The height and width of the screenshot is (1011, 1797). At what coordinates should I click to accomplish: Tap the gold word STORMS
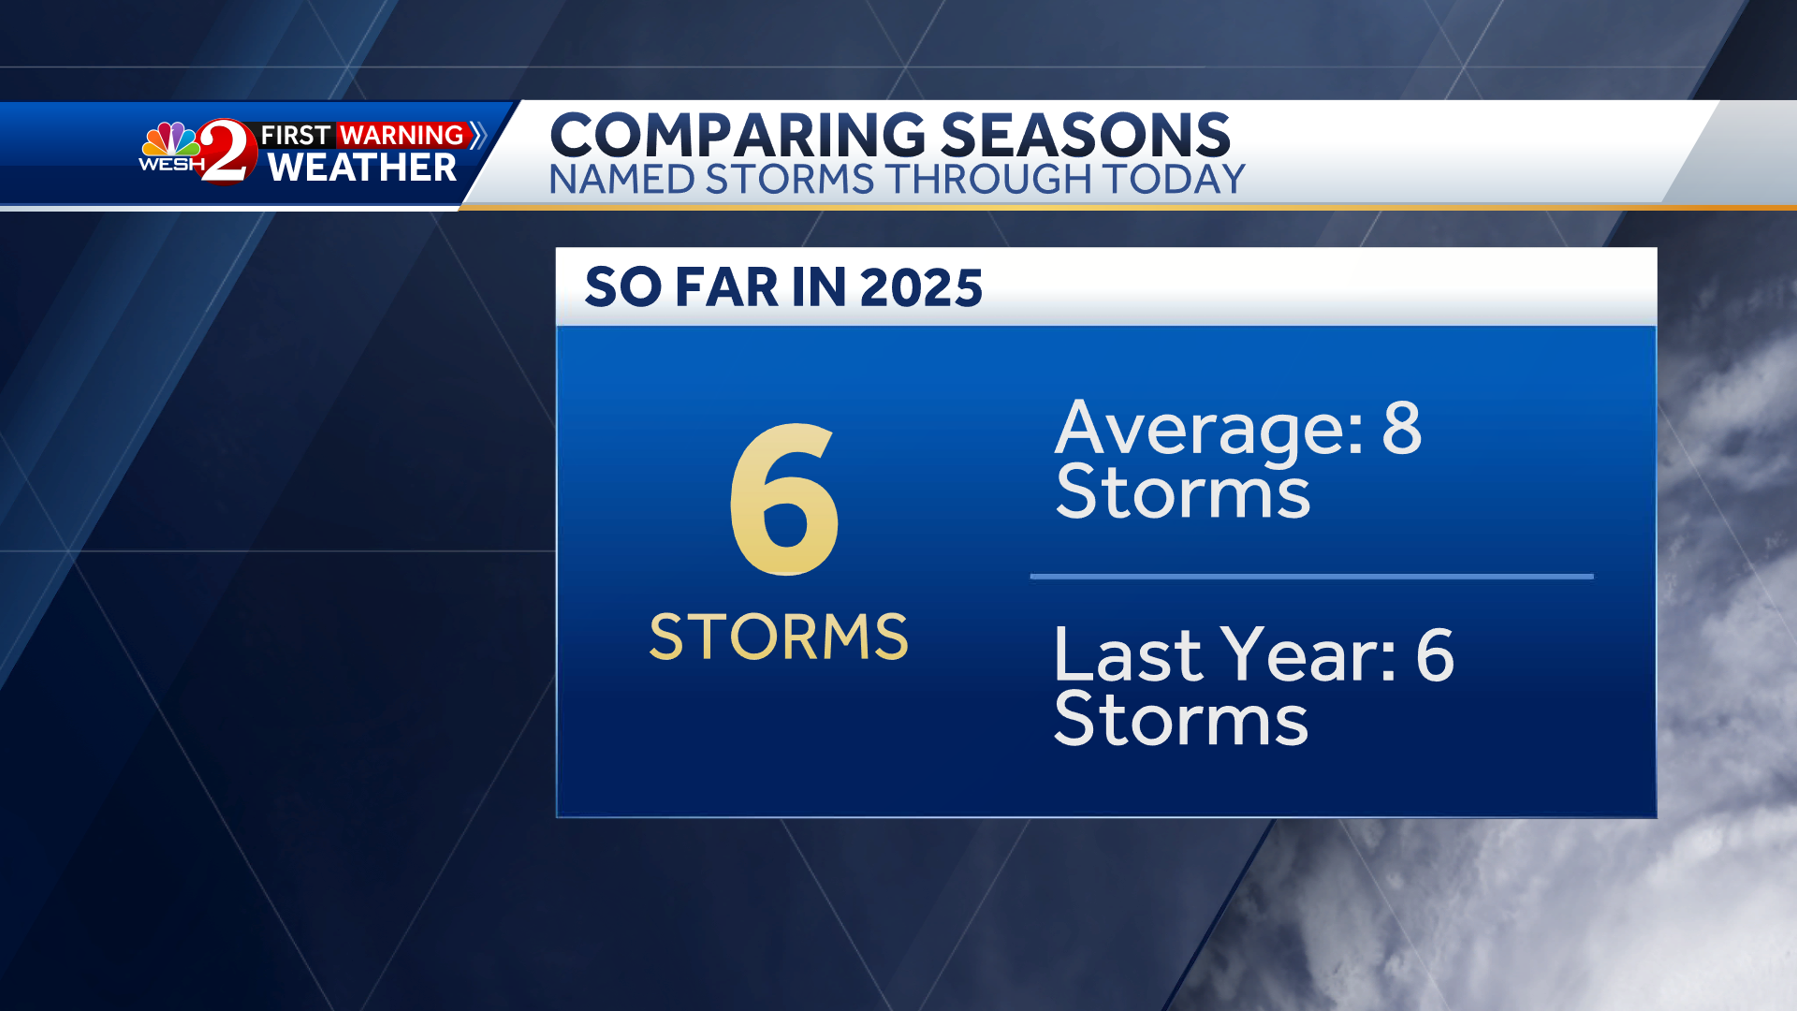coord(779,637)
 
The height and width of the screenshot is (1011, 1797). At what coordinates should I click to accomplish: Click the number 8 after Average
coord(1402,428)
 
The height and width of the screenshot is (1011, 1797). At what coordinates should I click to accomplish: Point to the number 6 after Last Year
coord(1435,654)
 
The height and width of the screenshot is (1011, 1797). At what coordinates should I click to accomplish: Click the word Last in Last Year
coord(1127,654)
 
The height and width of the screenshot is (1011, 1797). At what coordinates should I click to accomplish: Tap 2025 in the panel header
coord(921,287)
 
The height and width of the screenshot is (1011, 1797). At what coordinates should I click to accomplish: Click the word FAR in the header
coord(727,287)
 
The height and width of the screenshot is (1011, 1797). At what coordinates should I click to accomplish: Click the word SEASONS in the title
coord(1086,136)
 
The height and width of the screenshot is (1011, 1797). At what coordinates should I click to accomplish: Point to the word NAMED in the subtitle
coord(621,180)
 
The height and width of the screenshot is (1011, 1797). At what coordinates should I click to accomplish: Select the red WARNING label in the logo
coord(402,135)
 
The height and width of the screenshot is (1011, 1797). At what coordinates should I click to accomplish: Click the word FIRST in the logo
coord(295,136)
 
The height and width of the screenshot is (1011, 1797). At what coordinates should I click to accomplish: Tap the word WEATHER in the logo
coord(362,168)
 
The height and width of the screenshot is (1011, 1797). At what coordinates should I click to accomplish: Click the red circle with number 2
coord(227,151)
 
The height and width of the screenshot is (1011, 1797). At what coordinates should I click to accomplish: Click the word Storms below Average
coord(1183,492)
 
